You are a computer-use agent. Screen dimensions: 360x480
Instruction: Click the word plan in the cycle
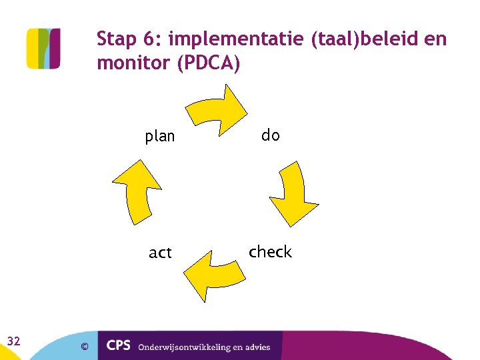point(160,137)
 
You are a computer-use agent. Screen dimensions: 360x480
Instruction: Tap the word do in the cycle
point(270,135)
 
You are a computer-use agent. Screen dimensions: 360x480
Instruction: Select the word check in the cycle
point(270,251)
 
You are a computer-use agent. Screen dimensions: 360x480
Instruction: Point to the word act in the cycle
point(160,253)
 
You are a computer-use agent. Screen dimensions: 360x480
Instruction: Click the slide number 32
point(13,341)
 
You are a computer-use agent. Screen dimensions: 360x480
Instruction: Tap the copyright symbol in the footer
point(84,346)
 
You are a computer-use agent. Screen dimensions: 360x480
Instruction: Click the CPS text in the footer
point(119,345)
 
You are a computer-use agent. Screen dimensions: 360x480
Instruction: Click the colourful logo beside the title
point(43,48)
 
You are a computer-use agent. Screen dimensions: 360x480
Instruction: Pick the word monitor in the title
point(131,64)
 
